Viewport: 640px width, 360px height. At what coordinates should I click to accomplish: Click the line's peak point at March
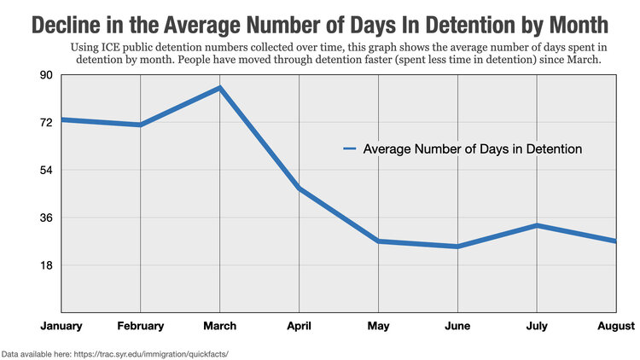[x=219, y=88]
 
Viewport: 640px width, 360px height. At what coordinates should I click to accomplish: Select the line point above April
[x=299, y=188]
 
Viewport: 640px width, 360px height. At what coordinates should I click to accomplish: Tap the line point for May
[x=378, y=241]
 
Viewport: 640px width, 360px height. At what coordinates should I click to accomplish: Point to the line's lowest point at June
[x=457, y=247]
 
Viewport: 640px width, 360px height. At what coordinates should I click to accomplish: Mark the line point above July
[x=537, y=225]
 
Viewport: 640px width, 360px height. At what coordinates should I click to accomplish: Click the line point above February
[x=140, y=125]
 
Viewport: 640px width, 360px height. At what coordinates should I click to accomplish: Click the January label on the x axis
[x=61, y=326]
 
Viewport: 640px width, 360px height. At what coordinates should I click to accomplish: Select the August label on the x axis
[x=616, y=326]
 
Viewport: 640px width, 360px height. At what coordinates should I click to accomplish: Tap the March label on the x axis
[x=219, y=326]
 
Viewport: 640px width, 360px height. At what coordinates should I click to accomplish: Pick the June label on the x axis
[x=457, y=326]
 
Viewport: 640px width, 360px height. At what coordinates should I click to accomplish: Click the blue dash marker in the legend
[x=349, y=149]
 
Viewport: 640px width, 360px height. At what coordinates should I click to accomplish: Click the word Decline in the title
[x=68, y=23]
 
